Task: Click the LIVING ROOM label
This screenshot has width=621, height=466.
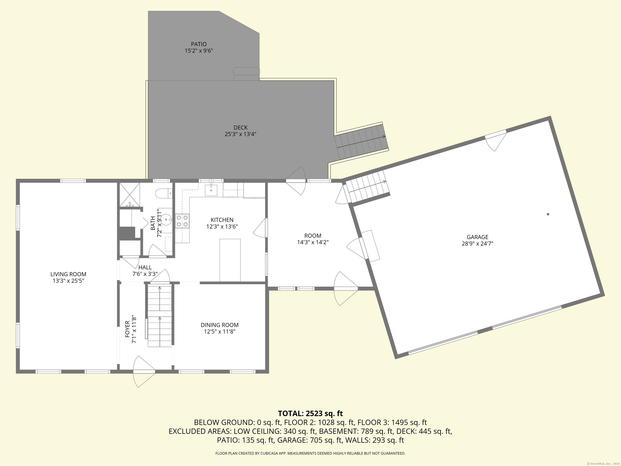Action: pyautogui.click(x=68, y=274)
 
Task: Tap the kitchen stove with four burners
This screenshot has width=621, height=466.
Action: pyautogui.click(x=182, y=221)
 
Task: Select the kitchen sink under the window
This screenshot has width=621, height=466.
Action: pyautogui.click(x=211, y=190)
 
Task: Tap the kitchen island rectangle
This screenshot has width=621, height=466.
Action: pyautogui.click(x=230, y=260)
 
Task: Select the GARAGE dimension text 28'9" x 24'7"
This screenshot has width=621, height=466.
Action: pyautogui.click(x=477, y=244)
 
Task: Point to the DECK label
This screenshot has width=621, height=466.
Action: pyautogui.click(x=241, y=128)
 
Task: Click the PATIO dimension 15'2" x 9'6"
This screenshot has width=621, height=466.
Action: pyautogui.click(x=199, y=51)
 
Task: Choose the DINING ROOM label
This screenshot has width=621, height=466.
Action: pyautogui.click(x=220, y=325)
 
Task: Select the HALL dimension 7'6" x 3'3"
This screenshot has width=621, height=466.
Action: pyautogui.click(x=145, y=274)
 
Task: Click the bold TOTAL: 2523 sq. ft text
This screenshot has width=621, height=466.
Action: pyautogui.click(x=310, y=413)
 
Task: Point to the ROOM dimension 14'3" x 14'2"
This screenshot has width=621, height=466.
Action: pyautogui.click(x=313, y=242)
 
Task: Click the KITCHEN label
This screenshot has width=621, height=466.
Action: pyautogui.click(x=222, y=220)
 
